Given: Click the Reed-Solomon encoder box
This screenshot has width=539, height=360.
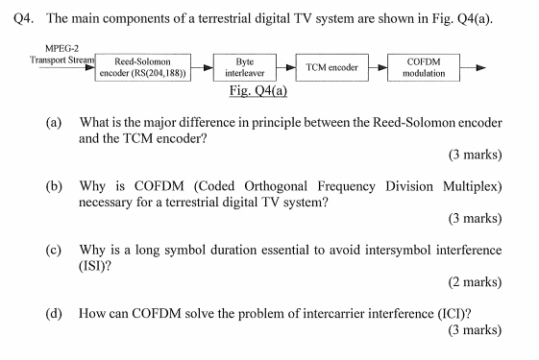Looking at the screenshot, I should pos(144,66).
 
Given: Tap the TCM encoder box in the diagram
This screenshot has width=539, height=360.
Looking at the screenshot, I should pos(331,66).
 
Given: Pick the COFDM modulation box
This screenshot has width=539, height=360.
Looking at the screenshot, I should pos(424,66).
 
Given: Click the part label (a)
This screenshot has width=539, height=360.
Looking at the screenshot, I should pos(54,124).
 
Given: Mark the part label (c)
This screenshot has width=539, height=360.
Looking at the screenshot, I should pos(54,250).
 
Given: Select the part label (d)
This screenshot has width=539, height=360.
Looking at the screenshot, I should pos(54,313).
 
